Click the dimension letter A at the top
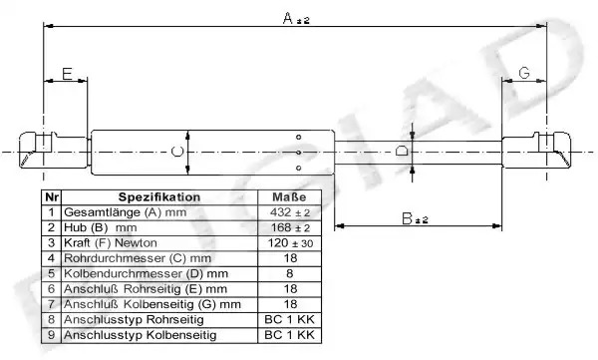click(x=288, y=18)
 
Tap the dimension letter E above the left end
click(x=67, y=74)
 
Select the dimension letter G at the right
click(x=524, y=73)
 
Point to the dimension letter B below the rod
click(x=408, y=218)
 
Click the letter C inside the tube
click(x=177, y=152)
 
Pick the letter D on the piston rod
click(x=402, y=152)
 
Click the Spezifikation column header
click(x=159, y=197)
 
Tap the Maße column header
click(x=289, y=197)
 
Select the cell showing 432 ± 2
click(x=290, y=212)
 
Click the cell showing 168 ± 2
click(x=290, y=228)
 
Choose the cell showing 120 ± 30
click(x=290, y=243)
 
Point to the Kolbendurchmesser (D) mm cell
click(x=159, y=273)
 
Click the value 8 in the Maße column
click(x=289, y=273)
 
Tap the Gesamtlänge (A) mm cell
click(x=159, y=212)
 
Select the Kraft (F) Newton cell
click(x=159, y=243)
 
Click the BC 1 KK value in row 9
click(x=289, y=335)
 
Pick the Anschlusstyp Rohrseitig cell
click(x=159, y=319)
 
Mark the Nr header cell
click(x=52, y=197)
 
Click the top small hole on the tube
click(x=299, y=137)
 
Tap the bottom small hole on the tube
click(x=299, y=168)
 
